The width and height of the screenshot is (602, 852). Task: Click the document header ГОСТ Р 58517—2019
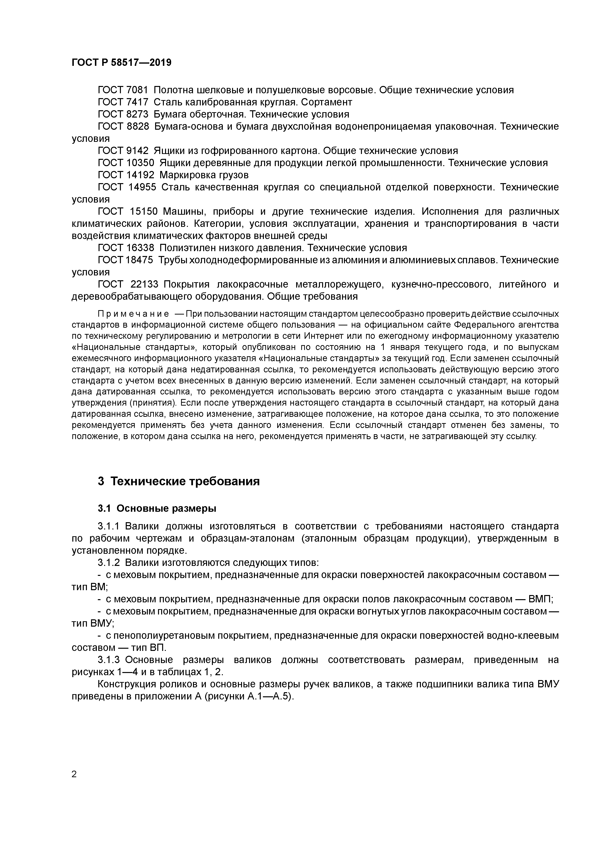click(121, 63)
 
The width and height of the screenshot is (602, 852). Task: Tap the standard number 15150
click(144, 212)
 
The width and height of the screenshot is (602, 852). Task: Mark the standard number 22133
click(144, 284)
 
